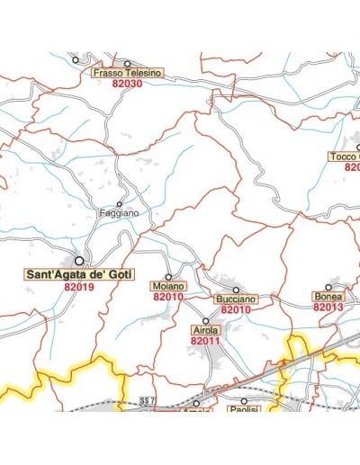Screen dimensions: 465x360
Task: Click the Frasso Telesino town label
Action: click(x=126, y=73)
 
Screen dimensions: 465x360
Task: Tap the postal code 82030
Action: click(x=128, y=84)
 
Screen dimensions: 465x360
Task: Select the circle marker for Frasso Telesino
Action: click(x=127, y=63)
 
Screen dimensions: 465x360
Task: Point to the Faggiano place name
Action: click(x=119, y=214)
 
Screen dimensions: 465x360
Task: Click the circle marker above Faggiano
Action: click(x=119, y=204)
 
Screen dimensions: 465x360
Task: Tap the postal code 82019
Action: click(x=79, y=288)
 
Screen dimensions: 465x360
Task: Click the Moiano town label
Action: click(x=167, y=285)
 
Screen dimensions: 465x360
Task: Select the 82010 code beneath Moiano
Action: click(x=168, y=296)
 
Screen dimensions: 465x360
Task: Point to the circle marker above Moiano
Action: click(x=167, y=275)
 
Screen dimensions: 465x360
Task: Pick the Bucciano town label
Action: click(x=236, y=299)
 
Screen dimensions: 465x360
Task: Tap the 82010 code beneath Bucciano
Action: click(x=236, y=309)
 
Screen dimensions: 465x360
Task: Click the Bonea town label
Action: click(x=328, y=296)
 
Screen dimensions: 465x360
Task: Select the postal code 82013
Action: click(x=328, y=307)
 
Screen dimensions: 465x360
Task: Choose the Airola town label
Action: click(x=205, y=331)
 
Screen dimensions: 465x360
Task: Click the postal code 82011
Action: click(x=205, y=342)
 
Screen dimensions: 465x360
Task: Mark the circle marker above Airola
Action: click(x=205, y=320)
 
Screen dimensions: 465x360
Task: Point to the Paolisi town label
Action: click(x=244, y=410)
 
